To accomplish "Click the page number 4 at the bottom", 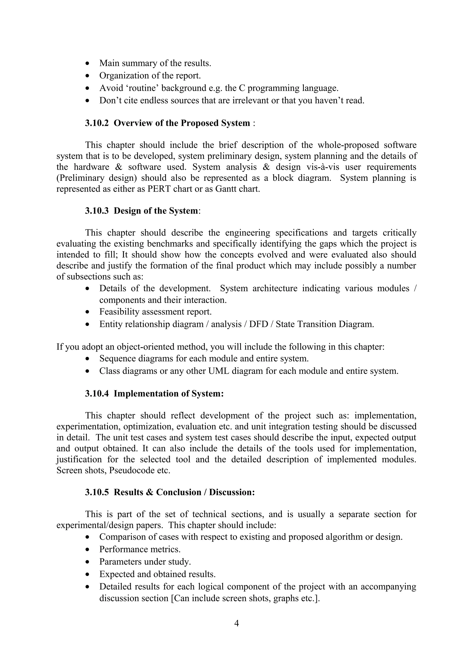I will pos(236,623).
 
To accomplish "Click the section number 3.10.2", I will pos(97,123).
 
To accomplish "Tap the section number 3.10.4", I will pos(97,393).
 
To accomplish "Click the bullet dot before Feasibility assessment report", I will pos(88,312).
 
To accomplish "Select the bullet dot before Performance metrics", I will pos(88,549).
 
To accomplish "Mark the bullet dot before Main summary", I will pos(88,63).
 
